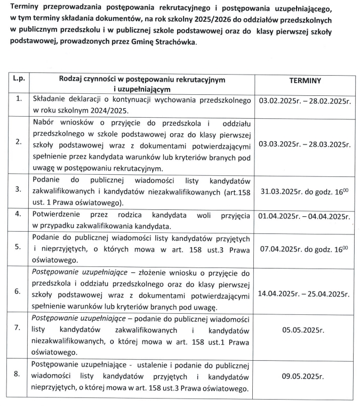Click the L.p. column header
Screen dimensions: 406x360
[19, 79]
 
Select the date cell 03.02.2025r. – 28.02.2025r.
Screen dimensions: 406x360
[305, 100]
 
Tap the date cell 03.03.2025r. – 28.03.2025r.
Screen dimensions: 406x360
[305, 144]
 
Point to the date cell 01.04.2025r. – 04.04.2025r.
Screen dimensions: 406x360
[305, 217]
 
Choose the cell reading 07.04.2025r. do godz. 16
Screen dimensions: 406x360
[305, 248]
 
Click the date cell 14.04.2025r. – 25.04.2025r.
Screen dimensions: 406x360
[305, 293]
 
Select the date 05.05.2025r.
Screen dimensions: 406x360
[303, 330]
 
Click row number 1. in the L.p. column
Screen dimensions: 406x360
[19, 99]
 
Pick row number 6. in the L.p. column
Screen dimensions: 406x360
[19, 291]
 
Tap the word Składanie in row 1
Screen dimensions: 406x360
[50, 100]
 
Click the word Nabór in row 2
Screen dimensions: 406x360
[44, 121]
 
